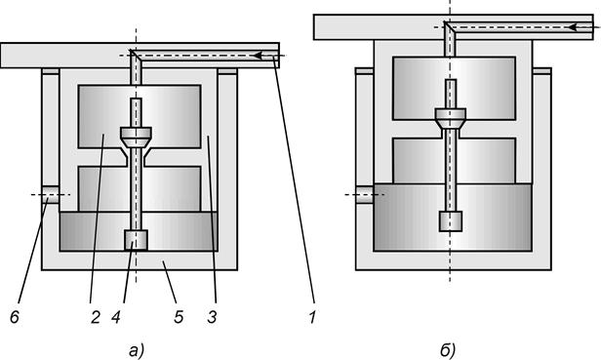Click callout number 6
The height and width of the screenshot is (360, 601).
pos(15,317)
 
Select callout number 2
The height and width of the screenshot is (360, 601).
pos(96,317)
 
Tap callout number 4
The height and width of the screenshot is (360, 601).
pos(116,317)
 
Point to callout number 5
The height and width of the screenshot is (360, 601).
pos(179,317)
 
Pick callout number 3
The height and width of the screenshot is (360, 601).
pos(213,317)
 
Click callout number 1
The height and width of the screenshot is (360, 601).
pos(313,317)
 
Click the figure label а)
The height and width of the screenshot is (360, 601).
pos(136,350)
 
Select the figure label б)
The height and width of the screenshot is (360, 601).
pos(447,350)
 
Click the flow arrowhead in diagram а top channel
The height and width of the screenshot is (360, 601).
pos(260,56)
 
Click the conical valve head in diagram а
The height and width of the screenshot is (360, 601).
pos(136,138)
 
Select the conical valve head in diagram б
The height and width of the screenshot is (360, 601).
pos(451,119)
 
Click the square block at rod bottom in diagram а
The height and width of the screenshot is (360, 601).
pos(136,240)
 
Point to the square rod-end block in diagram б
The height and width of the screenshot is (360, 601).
pos(451,221)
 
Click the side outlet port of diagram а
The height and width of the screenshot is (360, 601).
pos(51,195)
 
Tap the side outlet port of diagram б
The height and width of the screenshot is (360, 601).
pos(365,195)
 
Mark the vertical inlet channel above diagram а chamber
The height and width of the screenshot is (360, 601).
pos(136,72)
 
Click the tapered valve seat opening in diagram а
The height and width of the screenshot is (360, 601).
pos(136,157)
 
